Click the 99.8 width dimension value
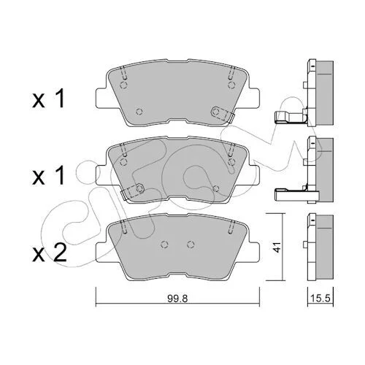pos(177,299)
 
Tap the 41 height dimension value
pos(277,247)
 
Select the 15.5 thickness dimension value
pos(320,299)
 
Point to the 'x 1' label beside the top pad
pos(48,99)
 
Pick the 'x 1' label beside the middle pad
pos(48,175)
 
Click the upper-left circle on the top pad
pos(124,85)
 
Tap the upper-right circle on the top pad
pos(232,85)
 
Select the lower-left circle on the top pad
pos(139,112)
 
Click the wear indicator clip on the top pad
pos(223,114)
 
